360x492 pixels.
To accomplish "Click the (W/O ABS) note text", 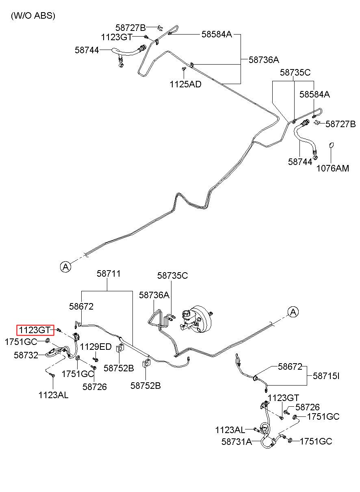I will click(33, 16).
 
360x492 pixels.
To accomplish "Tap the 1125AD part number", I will click(185, 85).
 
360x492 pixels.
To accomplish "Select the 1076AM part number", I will click(333, 168).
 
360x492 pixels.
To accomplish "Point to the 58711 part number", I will click(108, 274).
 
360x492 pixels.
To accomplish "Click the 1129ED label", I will click(95, 347).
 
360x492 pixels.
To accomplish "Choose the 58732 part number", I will click(26, 355).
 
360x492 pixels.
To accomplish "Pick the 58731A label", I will click(237, 442).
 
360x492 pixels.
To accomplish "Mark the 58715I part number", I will click(326, 376).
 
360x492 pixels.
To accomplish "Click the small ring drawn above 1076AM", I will click(332, 145).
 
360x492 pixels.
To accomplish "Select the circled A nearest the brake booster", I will click(293, 312).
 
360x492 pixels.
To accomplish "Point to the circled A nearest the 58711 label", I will click(66, 267).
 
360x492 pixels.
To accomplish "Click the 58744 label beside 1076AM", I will click(300, 161).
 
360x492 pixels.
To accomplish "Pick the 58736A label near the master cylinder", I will click(154, 295).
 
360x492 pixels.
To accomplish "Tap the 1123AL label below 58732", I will click(54, 395).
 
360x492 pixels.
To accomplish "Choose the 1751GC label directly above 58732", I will click(21, 342).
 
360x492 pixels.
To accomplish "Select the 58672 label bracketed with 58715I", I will click(290, 367).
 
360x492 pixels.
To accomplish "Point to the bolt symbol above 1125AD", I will click(184, 70).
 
